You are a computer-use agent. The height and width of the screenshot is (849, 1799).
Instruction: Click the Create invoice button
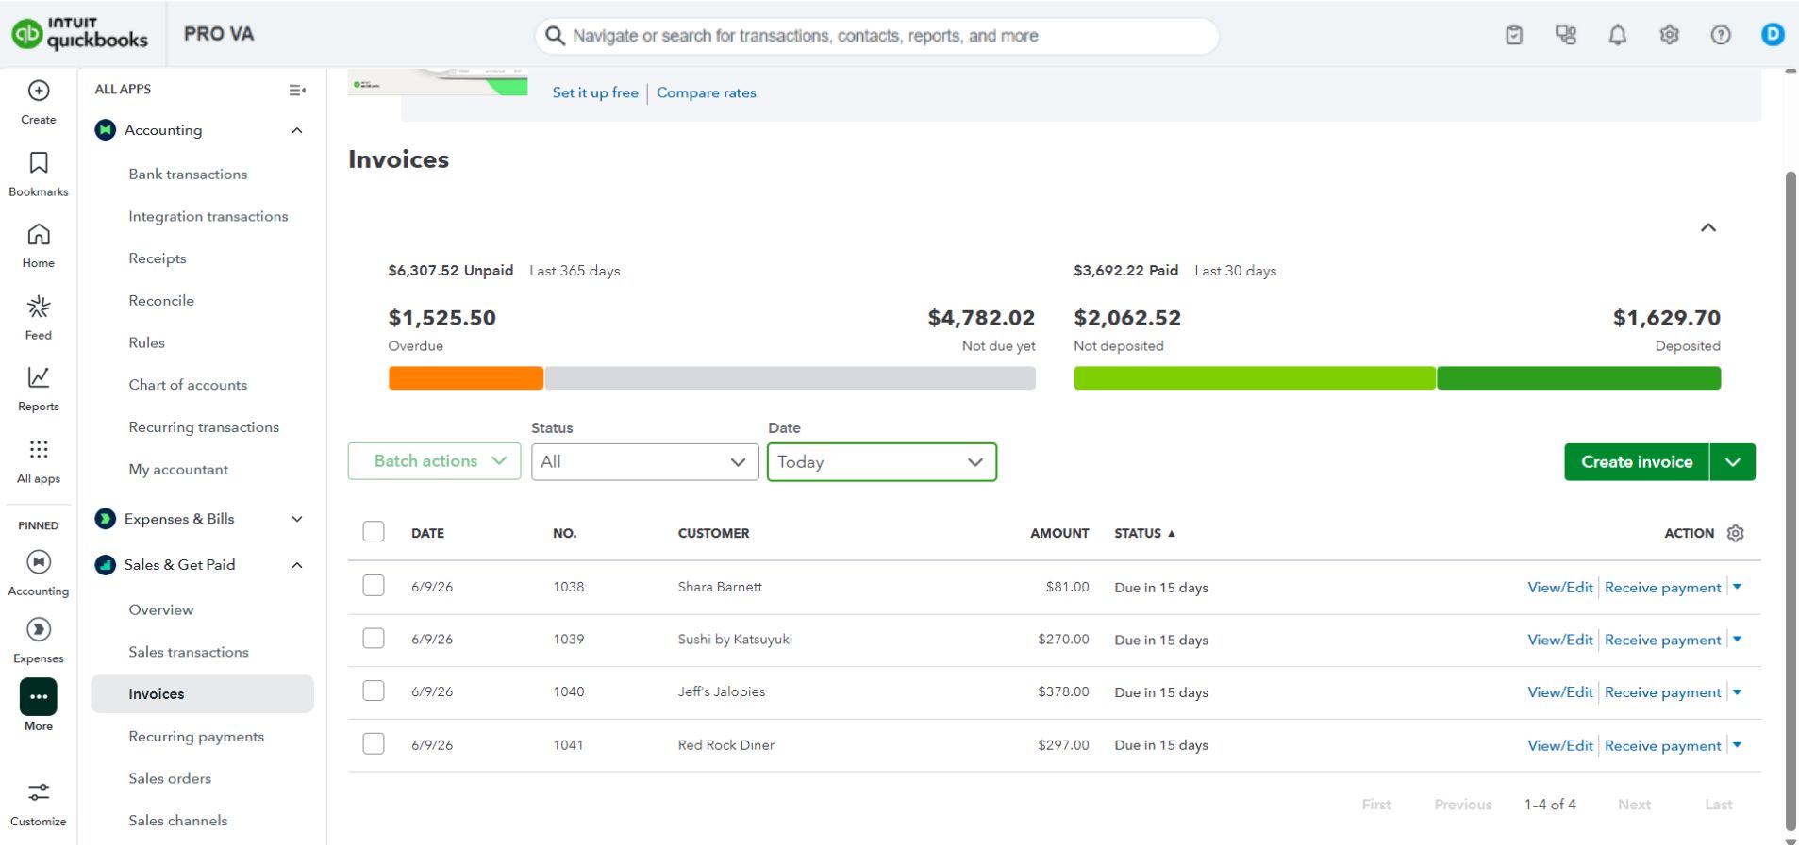[1636, 462]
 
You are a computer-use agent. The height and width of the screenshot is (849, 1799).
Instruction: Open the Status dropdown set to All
[644, 462]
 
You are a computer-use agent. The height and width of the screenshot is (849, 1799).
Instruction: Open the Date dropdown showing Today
[881, 462]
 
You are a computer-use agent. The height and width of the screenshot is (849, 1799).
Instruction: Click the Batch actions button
[434, 461]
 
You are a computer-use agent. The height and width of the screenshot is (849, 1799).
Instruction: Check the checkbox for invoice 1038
[374, 586]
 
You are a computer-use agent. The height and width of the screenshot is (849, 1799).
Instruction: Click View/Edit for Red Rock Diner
[1559, 745]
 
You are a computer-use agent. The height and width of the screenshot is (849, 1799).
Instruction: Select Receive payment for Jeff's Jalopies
[1662, 692]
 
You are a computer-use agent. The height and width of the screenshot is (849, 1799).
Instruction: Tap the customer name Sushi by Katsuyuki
[735, 640]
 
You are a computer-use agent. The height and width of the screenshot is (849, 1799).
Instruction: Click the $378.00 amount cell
[1063, 691]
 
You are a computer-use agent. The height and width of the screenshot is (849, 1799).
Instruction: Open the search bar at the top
[876, 36]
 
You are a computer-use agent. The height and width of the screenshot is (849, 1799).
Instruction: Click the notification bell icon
[1617, 35]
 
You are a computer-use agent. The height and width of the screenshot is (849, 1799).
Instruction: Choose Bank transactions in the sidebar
[188, 175]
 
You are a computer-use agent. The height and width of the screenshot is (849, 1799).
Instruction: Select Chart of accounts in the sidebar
[188, 385]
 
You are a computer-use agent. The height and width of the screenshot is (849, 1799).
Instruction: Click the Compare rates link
[707, 92]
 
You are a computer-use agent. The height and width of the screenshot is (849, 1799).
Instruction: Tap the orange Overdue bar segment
[466, 378]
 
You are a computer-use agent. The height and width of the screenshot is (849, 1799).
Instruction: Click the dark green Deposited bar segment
[1578, 378]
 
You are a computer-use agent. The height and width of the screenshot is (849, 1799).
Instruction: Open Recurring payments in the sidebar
[196, 737]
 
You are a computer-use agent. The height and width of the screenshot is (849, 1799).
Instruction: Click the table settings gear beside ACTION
[1735, 533]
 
